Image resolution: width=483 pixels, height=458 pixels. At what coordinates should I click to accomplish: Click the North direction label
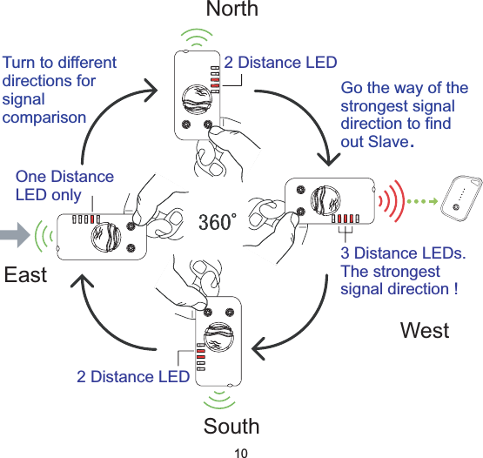[231, 9]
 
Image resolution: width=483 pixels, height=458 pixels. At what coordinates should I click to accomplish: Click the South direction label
[231, 426]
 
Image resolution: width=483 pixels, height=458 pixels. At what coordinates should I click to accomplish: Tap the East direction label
[25, 275]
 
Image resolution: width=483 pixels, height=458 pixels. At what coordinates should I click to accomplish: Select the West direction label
[425, 330]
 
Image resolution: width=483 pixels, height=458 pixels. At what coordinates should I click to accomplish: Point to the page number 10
[241, 451]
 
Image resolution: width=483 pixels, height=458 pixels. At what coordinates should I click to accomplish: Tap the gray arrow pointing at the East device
[15, 233]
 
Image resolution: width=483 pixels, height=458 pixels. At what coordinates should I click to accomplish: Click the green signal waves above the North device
[199, 38]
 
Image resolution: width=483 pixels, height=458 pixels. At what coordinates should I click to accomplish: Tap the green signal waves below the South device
[219, 399]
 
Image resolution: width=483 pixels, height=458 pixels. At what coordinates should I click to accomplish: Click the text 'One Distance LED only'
[64, 185]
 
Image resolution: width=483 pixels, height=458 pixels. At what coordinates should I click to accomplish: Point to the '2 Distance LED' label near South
[132, 376]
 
